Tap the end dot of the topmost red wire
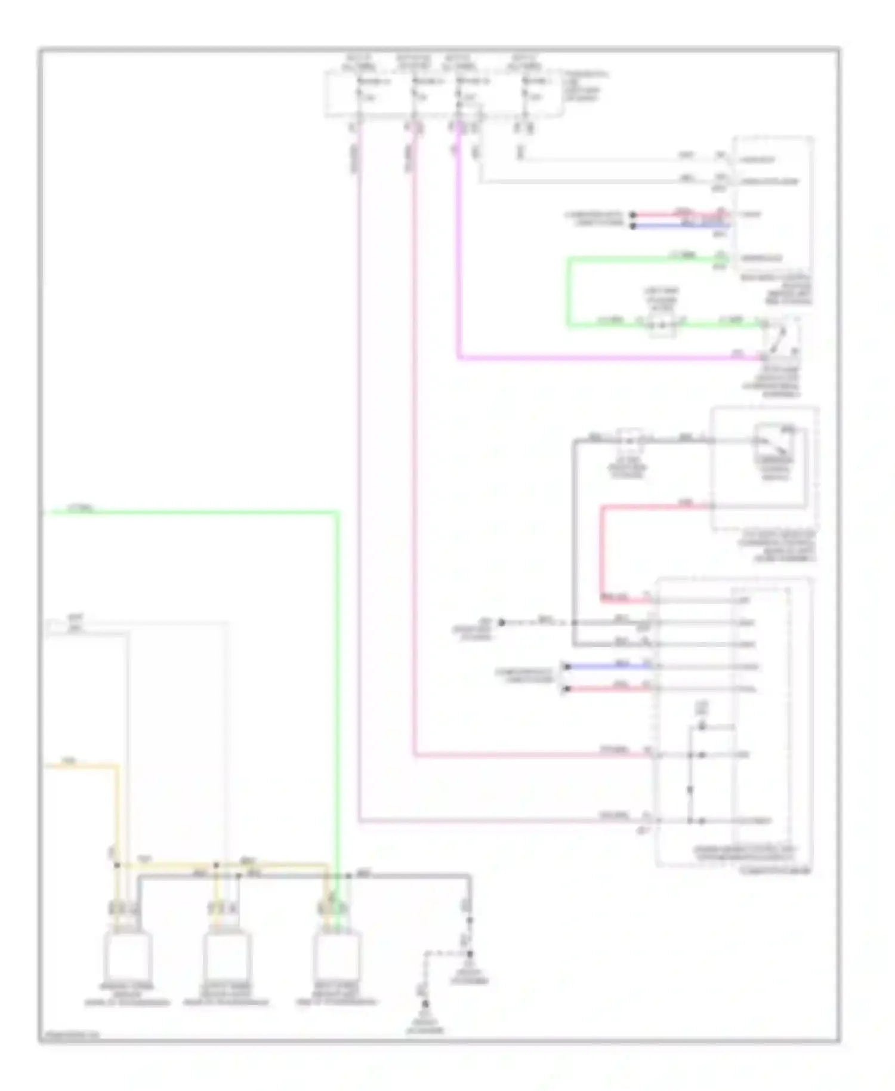click(633, 214)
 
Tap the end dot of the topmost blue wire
click(633, 226)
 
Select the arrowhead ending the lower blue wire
click(564, 666)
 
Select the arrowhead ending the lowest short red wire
click(564, 689)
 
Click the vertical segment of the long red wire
click(603, 552)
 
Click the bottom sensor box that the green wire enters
click(337, 955)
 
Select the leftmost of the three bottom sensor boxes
click(127, 955)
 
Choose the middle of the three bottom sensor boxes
click(227, 955)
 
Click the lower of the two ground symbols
click(425, 1009)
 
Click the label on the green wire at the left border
click(81, 508)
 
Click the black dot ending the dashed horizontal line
click(502, 622)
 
